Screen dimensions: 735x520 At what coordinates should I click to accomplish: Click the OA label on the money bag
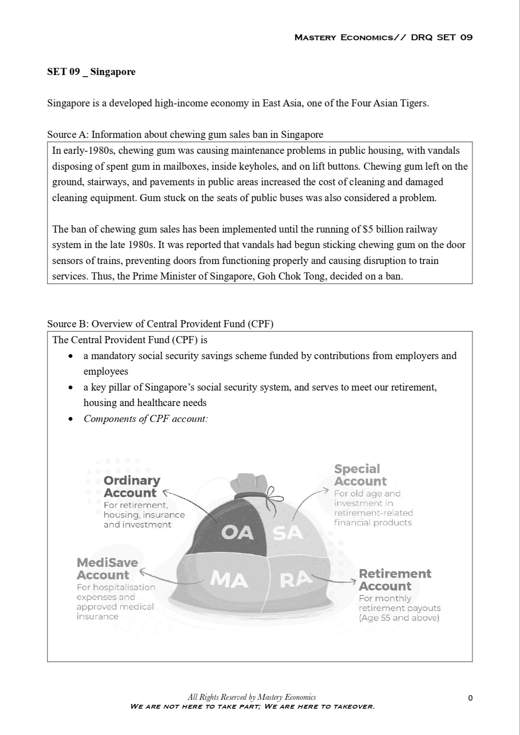point(238,533)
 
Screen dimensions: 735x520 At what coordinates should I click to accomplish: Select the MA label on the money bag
point(228,580)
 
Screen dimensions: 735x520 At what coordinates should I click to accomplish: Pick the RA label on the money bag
point(296,580)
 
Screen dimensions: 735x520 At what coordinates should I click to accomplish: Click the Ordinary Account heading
point(132,487)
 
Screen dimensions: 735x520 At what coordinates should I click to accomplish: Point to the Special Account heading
point(360,475)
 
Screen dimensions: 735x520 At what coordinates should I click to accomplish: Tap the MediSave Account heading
point(107,569)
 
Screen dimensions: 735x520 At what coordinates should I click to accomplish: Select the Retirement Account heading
point(394,580)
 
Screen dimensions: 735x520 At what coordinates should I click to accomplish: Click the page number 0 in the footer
point(470,698)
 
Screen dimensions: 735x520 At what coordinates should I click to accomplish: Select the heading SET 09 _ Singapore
point(91,72)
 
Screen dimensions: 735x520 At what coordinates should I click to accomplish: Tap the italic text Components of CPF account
point(145,419)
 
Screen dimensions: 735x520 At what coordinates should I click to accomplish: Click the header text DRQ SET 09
point(442,37)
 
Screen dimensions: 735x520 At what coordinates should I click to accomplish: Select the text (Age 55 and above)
point(399,618)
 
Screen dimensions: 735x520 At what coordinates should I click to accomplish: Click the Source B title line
point(160,324)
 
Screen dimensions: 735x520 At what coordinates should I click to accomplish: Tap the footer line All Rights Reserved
point(251,697)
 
